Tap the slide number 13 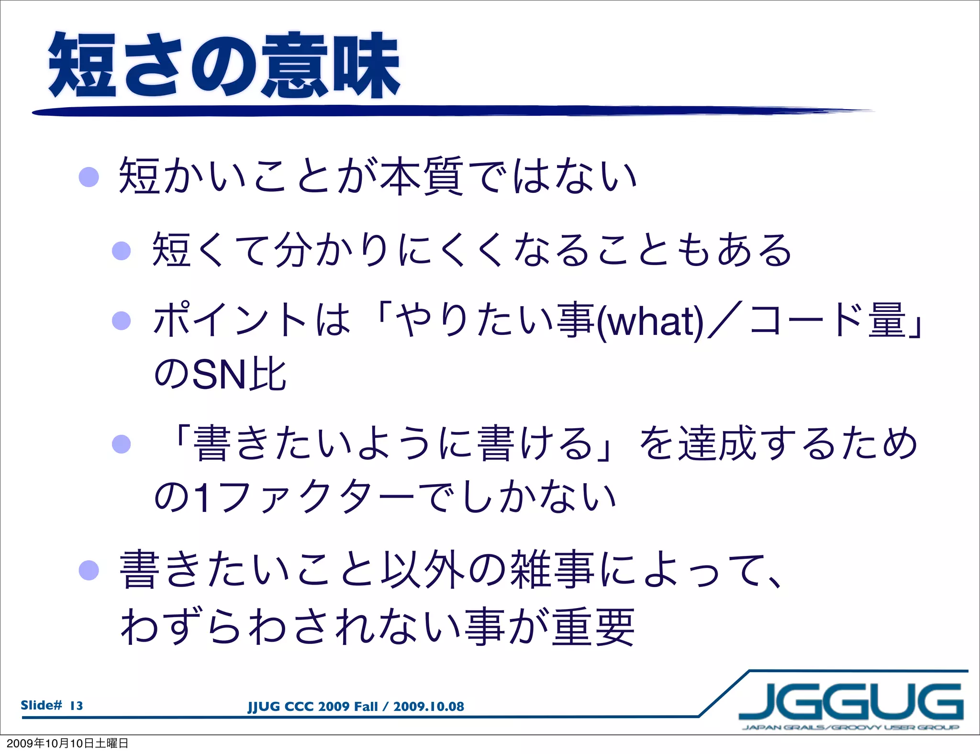pyautogui.click(x=76, y=706)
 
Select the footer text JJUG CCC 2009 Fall pyautogui.click(x=312, y=707)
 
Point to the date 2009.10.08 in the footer pyautogui.click(x=429, y=707)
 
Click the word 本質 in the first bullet pyautogui.click(x=422, y=176)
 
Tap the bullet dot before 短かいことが pyautogui.click(x=89, y=177)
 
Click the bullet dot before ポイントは pyautogui.click(x=121, y=321)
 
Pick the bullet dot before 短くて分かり pyautogui.click(x=121, y=251)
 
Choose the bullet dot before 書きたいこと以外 pyautogui.click(x=89, y=570)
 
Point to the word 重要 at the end pyautogui.click(x=593, y=627)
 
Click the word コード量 pyautogui.click(x=828, y=321)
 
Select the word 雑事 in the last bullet pyautogui.click(x=553, y=569)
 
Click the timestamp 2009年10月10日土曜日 pyautogui.click(x=67, y=743)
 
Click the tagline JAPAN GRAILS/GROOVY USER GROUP pyautogui.click(x=850, y=728)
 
